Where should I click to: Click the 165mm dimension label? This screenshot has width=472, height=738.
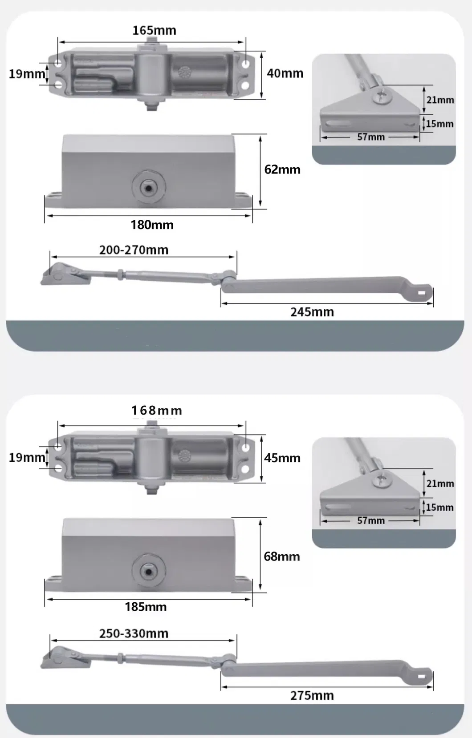[x=154, y=31]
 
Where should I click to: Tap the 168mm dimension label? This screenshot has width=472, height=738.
[x=156, y=411]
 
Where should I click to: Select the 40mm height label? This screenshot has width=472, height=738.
[x=285, y=73]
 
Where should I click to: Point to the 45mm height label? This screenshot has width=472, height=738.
[x=282, y=458]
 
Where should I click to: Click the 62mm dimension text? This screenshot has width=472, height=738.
[x=282, y=169]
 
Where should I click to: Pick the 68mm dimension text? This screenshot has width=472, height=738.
[x=281, y=557]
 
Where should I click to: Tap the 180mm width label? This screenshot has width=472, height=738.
[x=152, y=225]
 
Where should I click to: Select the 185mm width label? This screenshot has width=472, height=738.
[x=146, y=607]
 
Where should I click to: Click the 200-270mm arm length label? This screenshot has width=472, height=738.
[x=134, y=250]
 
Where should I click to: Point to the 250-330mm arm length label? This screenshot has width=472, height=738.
[x=134, y=633]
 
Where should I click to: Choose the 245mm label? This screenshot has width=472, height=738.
[x=312, y=312]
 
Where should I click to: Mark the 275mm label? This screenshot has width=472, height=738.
[x=312, y=695]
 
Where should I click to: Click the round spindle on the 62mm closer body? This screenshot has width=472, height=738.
[x=148, y=188]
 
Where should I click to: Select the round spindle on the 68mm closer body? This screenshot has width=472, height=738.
[x=148, y=571]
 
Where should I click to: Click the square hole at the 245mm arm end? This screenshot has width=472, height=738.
[x=422, y=293]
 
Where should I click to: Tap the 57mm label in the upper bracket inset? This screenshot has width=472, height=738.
[x=370, y=137]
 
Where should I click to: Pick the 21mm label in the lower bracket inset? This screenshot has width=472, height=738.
[x=440, y=484]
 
